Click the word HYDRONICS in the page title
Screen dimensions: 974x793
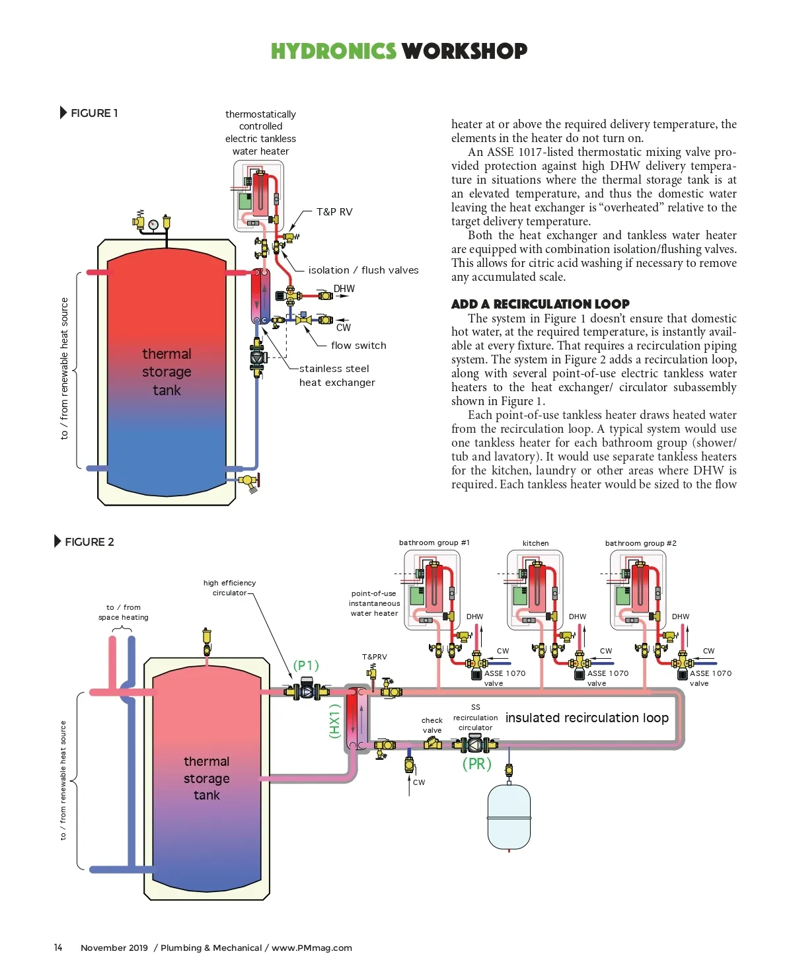click(333, 51)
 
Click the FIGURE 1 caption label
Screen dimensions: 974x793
click(94, 113)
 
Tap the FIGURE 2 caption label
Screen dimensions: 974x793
click(89, 542)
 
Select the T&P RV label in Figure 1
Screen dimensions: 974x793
click(334, 211)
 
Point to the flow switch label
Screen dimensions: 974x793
click(359, 345)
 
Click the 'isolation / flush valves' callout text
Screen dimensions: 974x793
click(363, 270)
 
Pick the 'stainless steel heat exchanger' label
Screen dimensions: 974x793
click(337, 375)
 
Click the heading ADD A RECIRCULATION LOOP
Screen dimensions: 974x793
click(540, 304)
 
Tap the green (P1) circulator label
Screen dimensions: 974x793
click(306, 665)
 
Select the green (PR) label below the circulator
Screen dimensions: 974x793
click(476, 764)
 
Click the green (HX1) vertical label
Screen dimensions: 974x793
click(335, 720)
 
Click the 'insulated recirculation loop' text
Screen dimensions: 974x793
click(587, 718)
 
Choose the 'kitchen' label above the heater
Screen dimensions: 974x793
click(535, 543)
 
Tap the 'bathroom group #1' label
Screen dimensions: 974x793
click(434, 543)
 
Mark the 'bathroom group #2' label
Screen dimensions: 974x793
click(640, 543)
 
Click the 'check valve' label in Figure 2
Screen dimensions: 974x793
click(432, 725)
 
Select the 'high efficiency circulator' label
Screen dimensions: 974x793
click(229, 587)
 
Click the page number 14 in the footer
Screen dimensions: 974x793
click(58, 948)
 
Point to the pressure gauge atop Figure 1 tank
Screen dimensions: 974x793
click(153, 224)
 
